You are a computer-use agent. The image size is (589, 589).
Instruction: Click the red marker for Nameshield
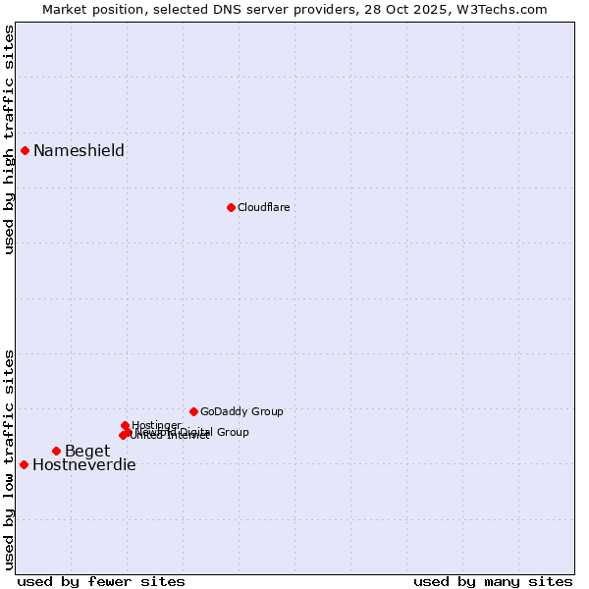coord(25,150)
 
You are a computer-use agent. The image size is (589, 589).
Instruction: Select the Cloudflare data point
coord(231,207)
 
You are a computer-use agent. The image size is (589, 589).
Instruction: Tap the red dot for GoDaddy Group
coord(193,411)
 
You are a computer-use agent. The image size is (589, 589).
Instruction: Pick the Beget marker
coord(56,451)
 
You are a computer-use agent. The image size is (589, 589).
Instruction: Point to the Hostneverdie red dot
coord(24,464)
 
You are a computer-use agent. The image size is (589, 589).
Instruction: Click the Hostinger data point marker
coord(125,425)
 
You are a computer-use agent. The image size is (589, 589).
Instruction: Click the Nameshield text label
coord(79,150)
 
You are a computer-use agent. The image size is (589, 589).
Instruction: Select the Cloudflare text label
coord(263,207)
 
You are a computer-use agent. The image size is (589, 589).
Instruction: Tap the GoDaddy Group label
coord(241,411)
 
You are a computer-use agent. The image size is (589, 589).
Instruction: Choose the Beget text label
coord(87,451)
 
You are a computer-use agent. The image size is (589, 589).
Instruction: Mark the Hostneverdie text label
coord(84,464)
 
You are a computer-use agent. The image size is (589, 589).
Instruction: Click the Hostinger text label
coord(156,425)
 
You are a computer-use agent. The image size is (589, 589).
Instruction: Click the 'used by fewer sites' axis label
coord(101,581)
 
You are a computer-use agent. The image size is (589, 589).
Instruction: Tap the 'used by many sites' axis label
coord(493,581)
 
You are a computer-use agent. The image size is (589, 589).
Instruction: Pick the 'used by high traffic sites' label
coord(9,140)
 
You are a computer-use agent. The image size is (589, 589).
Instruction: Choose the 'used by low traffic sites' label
coord(9,458)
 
